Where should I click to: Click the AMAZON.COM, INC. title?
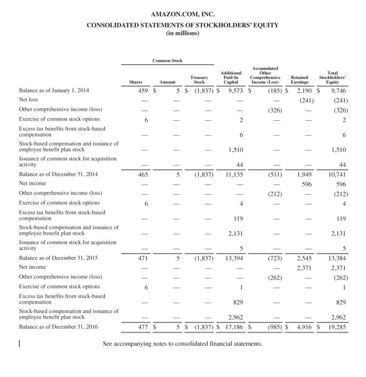point(182,14)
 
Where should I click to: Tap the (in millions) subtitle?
point(182,33)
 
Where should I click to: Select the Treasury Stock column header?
point(199,79)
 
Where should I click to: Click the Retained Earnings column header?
point(299,79)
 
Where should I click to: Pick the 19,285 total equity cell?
point(337,327)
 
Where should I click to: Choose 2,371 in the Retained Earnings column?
point(304,268)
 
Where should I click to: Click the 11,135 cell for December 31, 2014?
point(233,174)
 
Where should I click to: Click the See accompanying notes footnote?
point(182,344)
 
